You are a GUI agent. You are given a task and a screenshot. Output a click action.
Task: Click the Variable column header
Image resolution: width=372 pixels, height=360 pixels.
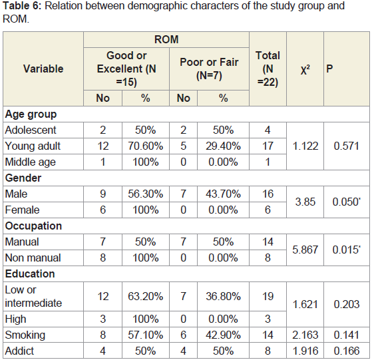pyautogui.click(x=43, y=69)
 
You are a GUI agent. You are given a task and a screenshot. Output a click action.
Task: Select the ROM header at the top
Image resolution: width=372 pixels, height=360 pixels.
pyautogui.click(x=166, y=39)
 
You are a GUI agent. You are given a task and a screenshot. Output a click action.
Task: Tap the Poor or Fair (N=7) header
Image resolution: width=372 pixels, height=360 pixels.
pyautogui.click(x=209, y=69)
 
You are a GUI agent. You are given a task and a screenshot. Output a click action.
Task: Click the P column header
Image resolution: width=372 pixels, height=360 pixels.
pyautogui.click(x=329, y=69)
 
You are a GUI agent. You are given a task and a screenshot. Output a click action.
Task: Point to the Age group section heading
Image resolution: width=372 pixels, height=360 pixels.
pyautogui.click(x=31, y=114)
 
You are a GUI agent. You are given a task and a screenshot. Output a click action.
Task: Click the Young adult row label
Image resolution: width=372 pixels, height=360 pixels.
pyautogui.click(x=33, y=146)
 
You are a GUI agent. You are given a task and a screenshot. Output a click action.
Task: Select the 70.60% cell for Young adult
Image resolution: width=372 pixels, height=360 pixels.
pyautogui.click(x=146, y=146)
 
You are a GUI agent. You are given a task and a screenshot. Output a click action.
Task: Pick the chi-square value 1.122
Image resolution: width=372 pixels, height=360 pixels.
pyautogui.click(x=305, y=146)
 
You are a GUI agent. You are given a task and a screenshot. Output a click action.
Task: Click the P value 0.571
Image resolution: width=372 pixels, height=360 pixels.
pyautogui.click(x=346, y=146)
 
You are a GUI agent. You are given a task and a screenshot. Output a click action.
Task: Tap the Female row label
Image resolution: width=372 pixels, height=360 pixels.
pyautogui.click(x=22, y=210)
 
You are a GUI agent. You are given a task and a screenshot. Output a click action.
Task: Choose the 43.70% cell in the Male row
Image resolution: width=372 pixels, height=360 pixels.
pyautogui.click(x=223, y=194)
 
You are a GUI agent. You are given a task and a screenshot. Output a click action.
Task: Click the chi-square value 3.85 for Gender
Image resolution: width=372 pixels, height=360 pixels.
pyautogui.click(x=305, y=202)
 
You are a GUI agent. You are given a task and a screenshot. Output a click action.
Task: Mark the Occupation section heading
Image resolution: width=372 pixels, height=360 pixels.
pyautogui.click(x=33, y=226)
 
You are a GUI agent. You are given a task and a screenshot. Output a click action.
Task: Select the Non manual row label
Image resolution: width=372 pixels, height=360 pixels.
pyautogui.click(x=33, y=258)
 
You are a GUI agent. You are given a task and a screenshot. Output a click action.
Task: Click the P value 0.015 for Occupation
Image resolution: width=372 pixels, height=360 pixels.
pyautogui.click(x=346, y=250)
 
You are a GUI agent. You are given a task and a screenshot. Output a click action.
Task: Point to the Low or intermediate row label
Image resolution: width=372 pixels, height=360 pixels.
pyautogui.click(x=33, y=296)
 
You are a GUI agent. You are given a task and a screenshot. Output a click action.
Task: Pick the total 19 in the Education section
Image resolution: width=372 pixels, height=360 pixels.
pyautogui.click(x=268, y=296)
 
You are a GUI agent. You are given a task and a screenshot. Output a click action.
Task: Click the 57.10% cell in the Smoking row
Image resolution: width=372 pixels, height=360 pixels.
pyautogui.click(x=146, y=335)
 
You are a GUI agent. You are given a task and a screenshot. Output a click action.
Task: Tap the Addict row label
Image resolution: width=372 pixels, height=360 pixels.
pyautogui.click(x=19, y=351)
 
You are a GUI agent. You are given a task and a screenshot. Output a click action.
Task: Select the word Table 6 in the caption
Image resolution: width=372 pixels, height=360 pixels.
pyautogui.click(x=22, y=6)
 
